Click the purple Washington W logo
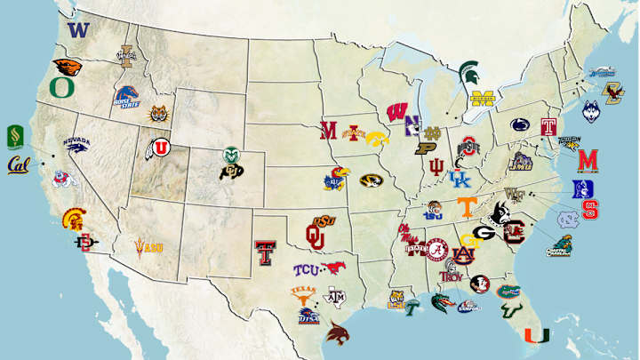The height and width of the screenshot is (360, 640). click(x=79, y=29)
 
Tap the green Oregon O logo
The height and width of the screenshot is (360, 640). click(x=61, y=87)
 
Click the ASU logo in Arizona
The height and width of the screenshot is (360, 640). click(x=148, y=246)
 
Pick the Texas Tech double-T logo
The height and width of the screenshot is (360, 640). click(x=264, y=253)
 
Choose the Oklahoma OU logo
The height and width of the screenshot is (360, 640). click(x=316, y=235)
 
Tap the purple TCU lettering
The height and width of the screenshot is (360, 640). click(x=307, y=269)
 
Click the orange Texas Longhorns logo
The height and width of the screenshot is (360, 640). click(x=303, y=292)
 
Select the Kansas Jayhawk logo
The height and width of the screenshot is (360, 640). click(x=336, y=179)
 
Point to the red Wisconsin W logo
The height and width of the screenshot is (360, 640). click(x=397, y=112)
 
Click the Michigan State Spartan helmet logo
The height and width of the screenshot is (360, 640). click(x=468, y=72)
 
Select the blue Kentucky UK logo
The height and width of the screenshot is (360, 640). click(x=460, y=180)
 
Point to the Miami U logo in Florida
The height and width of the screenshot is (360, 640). click(x=536, y=337)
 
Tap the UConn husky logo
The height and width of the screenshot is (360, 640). click(x=592, y=111)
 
